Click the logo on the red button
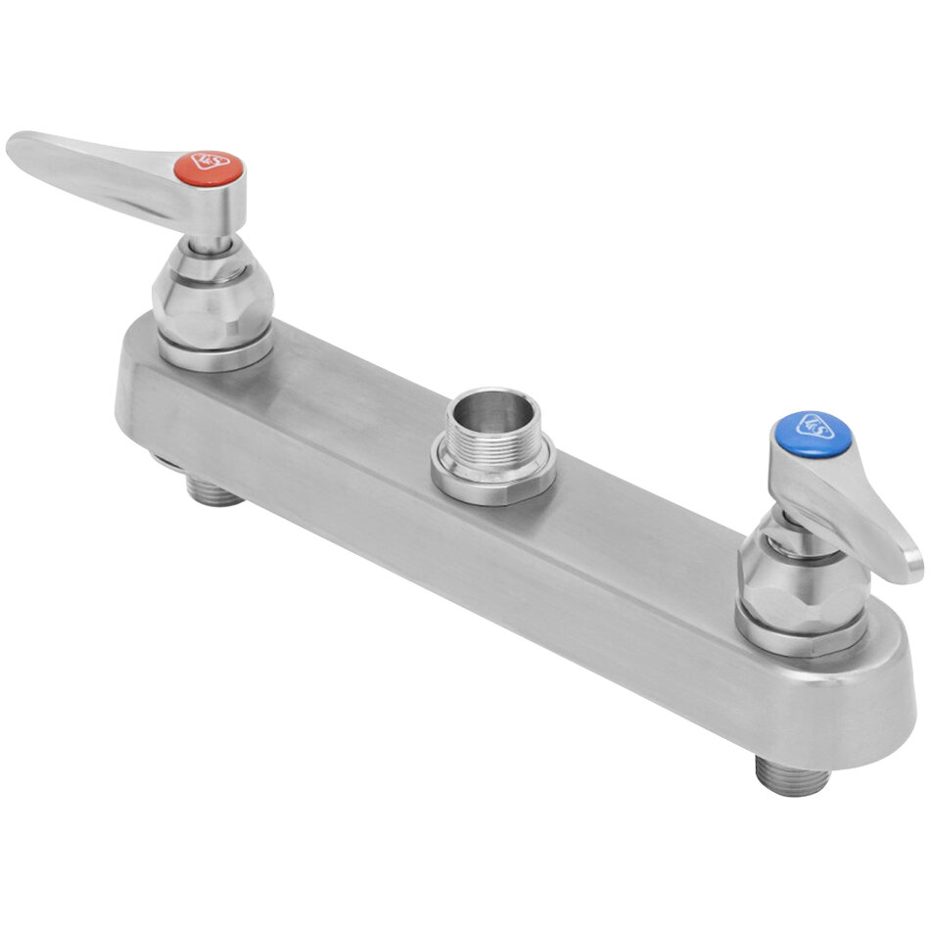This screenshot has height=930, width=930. pyautogui.click(x=209, y=163)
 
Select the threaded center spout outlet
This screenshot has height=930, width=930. pyautogui.click(x=494, y=445)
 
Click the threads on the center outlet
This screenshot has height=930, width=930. pyautogui.click(x=489, y=441)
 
